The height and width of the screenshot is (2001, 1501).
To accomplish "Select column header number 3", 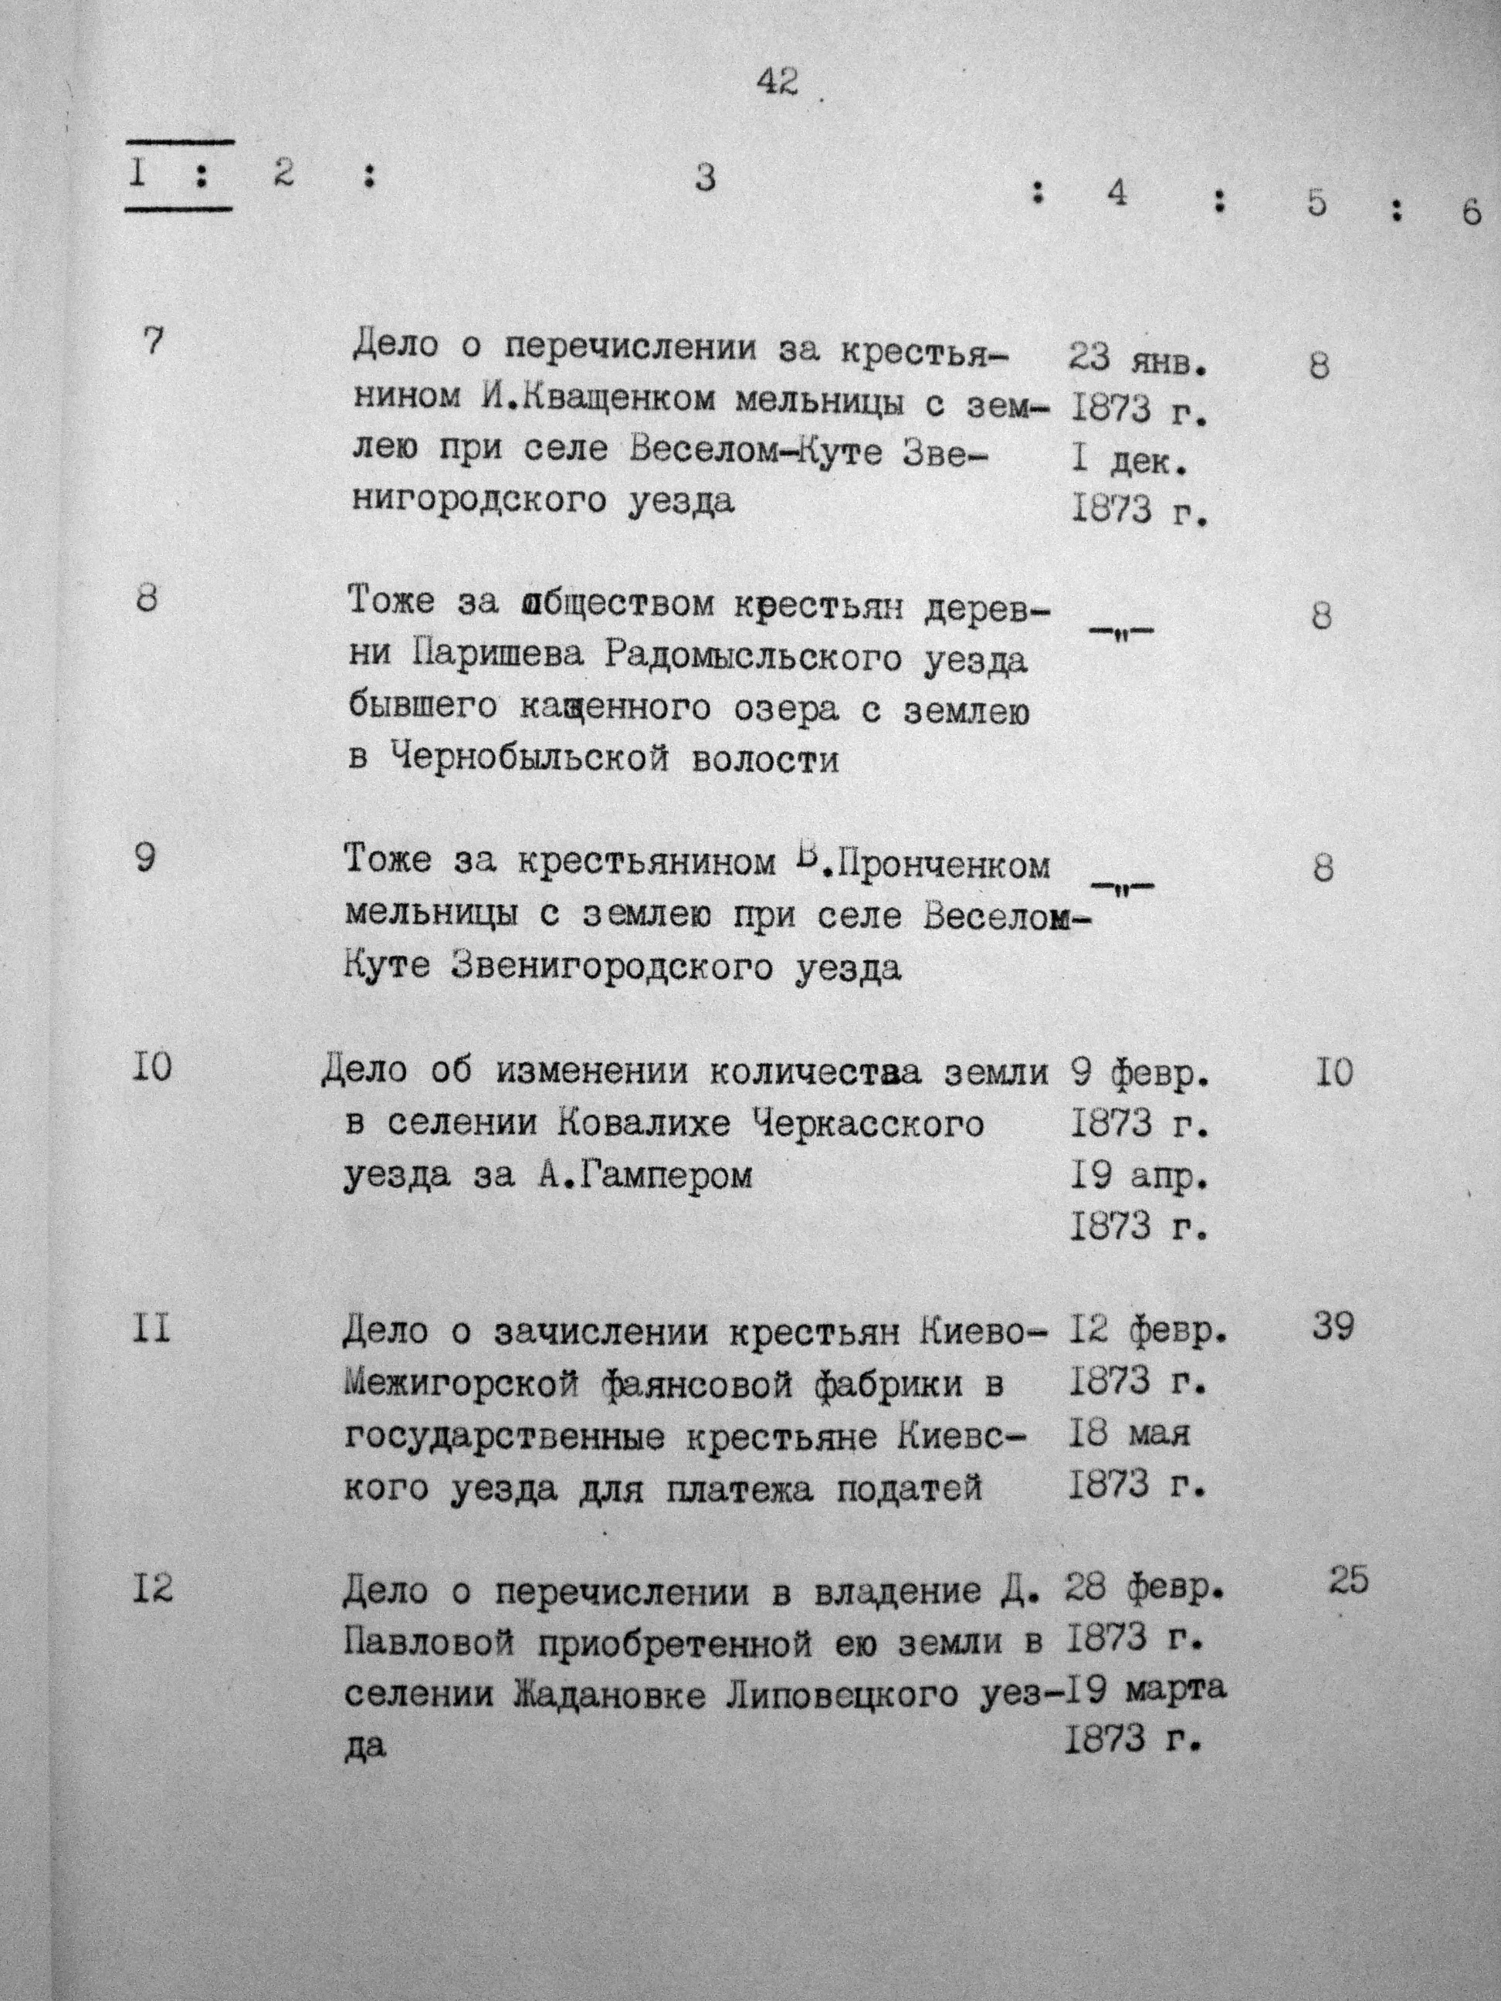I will pyautogui.click(x=705, y=178).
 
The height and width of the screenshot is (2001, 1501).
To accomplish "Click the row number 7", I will pyautogui.click(x=154, y=343).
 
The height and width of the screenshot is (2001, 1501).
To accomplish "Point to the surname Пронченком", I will pyautogui.click(x=946, y=865).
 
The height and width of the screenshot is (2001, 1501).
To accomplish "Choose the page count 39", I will pyautogui.click(x=1333, y=1328).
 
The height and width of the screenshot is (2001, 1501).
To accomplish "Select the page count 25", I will pyautogui.click(x=1349, y=1582).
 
